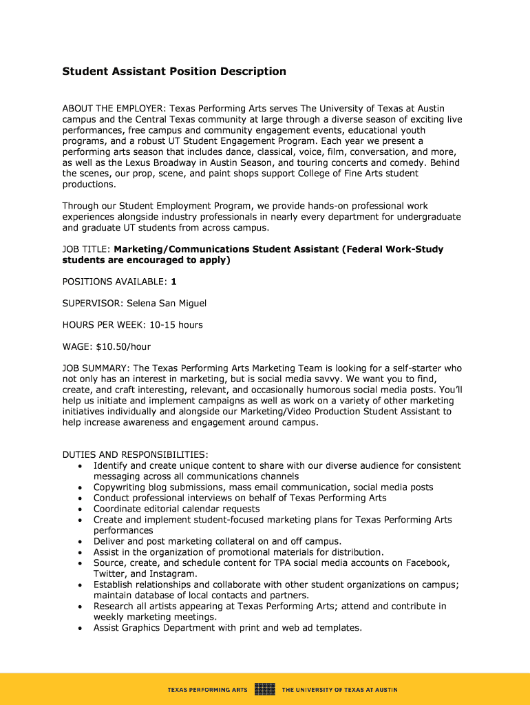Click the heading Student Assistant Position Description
[174, 72]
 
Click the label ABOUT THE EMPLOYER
[114, 109]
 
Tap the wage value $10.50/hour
[123, 346]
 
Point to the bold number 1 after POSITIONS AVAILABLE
[174, 282]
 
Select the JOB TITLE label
[85, 249]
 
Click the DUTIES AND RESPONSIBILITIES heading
[135, 455]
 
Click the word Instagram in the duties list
[173, 574]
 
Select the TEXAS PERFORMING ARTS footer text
[208, 689]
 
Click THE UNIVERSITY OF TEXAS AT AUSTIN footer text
[339, 689]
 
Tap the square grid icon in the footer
[265, 688]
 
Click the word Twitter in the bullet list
[109, 574]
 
